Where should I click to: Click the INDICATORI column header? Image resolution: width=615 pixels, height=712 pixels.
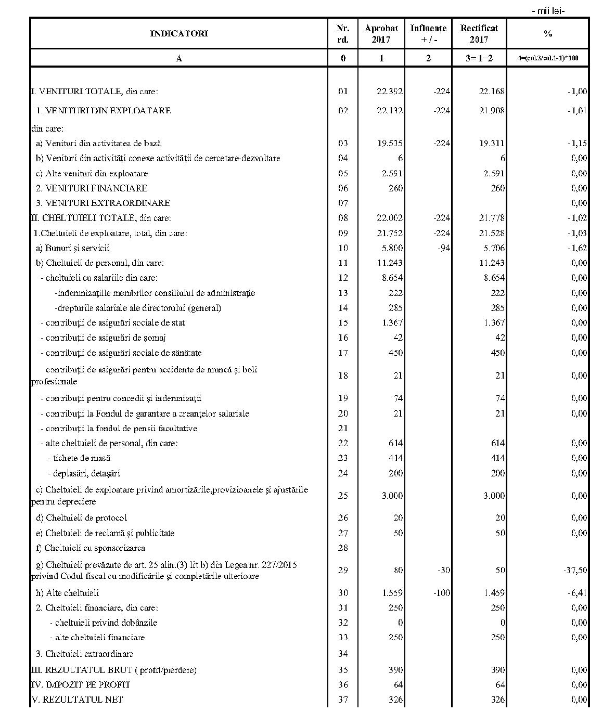tap(179, 34)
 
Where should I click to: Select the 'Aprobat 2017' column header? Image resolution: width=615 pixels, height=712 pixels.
tap(381, 34)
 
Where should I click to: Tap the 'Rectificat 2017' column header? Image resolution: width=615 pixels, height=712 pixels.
tap(479, 34)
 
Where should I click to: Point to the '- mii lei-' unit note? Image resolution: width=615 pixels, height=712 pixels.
tap(548, 11)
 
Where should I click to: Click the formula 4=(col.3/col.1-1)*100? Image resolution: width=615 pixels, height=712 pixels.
tap(547, 58)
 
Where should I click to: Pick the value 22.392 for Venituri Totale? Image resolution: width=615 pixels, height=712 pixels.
tap(390, 92)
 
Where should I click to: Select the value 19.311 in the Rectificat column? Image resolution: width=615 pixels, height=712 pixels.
tap(492, 144)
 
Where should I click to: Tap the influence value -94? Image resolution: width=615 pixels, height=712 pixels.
tap(443, 249)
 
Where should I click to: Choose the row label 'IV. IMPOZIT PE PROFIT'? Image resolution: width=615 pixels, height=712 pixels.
tap(81, 685)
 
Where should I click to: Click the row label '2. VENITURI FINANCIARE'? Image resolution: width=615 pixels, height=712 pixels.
tap(91, 188)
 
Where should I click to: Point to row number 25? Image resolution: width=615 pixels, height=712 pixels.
tap(342, 496)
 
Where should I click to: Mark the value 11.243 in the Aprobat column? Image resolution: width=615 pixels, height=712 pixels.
tap(390, 263)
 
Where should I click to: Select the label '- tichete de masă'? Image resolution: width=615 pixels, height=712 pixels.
tap(79, 458)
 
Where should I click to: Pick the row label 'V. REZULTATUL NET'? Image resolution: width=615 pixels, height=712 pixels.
tap(78, 700)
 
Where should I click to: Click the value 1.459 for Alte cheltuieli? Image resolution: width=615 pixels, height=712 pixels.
tap(492, 593)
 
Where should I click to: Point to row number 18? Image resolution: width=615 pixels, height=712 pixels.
tap(342, 376)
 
